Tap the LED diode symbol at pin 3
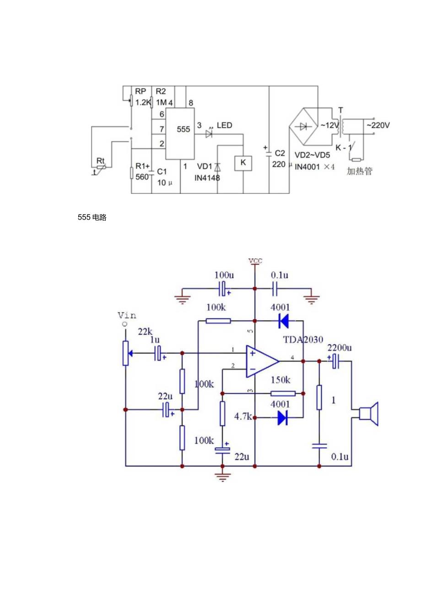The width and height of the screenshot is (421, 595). [x=210, y=134]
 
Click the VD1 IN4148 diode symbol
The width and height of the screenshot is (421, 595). [x=217, y=167]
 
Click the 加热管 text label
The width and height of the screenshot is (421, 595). [x=360, y=172]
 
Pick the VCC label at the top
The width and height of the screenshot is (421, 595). [x=255, y=261]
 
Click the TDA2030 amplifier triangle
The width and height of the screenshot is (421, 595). [x=261, y=361]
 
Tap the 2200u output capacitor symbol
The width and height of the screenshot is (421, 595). [x=335, y=361]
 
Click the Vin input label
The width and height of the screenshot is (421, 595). [x=127, y=315]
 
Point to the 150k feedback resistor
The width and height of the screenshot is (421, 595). [x=283, y=393]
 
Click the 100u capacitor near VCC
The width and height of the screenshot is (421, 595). [x=222, y=289]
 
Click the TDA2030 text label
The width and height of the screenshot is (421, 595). [x=302, y=340]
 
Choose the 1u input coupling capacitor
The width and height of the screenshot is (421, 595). [x=159, y=353]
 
